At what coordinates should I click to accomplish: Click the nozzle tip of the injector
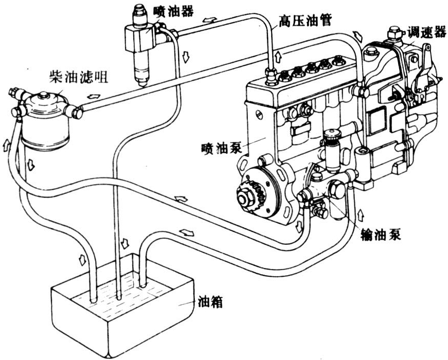pyautogui.click(x=141, y=82)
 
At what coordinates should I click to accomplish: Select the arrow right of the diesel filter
pyautogui.click(x=94, y=96)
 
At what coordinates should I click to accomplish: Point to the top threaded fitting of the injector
pyautogui.click(x=139, y=12)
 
